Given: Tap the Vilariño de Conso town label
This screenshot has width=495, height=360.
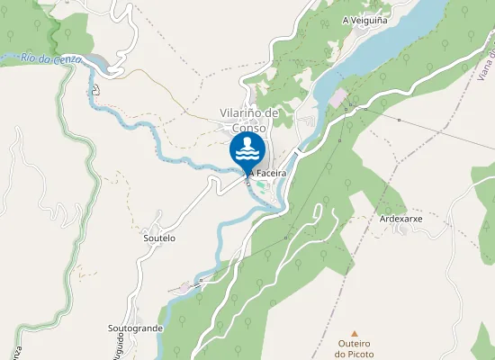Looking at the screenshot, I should click(249, 120).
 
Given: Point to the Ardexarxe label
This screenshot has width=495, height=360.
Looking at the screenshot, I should click(401, 219).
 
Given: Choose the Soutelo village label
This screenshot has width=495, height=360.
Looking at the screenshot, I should click(159, 238).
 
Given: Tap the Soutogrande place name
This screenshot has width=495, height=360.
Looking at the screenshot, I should click(135, 328).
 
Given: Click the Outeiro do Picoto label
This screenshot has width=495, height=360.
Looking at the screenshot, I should click(354, 348).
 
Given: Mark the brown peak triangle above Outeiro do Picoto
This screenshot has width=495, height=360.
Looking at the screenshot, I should click(354, 333).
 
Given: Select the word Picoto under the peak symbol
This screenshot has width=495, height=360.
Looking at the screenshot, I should click(354, 354).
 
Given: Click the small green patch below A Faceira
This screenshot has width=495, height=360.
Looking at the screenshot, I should click(261, 185).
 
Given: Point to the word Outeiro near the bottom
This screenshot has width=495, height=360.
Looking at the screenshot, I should click(354, 344).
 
